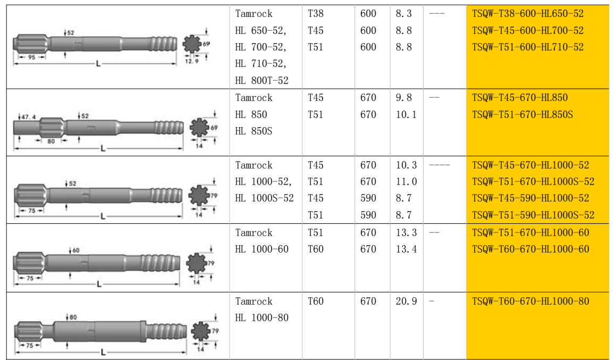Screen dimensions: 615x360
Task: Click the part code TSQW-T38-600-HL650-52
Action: click(x=527, y=14)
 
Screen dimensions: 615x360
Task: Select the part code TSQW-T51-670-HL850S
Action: click(x=522, y=115)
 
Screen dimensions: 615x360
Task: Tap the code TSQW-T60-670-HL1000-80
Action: click(x=530, y=301)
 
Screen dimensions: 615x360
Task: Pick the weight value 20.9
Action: click(x=406, y=301)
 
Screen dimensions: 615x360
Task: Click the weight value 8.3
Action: click(x=403, y=14)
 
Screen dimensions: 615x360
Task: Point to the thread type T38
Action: click(x=315, y=14)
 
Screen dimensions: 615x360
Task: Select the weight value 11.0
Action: click(x=406, y=182)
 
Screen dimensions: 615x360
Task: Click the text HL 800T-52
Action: click(x=262, y=80)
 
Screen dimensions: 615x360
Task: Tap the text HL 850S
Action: click(x=254, y=131)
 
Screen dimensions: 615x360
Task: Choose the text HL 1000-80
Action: click(x=262, y=317)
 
